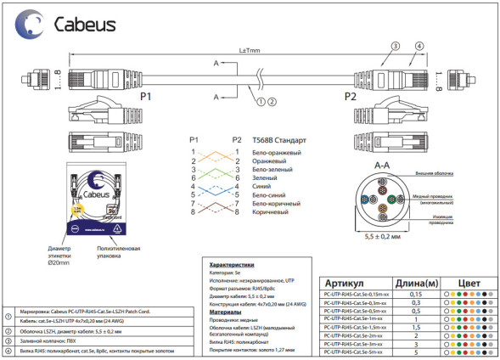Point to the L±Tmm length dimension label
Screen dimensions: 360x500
point(250,50)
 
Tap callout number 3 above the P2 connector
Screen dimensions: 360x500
point(394,44)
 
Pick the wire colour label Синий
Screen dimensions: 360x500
point(262,186)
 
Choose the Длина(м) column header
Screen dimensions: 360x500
point(416,283)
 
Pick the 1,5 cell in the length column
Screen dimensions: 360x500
point(416,326)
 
